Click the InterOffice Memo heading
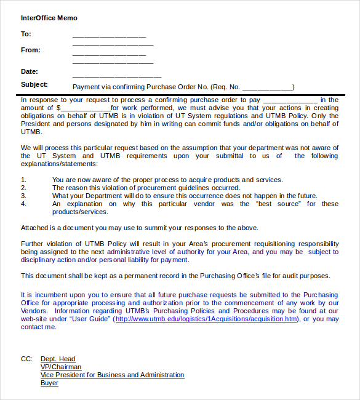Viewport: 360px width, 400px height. (x=49, y=18)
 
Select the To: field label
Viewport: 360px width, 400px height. (x=26, y=34)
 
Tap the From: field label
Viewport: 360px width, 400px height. (x=31, y=50)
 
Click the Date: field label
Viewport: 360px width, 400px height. (x=30, y=72)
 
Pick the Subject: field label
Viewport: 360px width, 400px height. (x=34, y=85)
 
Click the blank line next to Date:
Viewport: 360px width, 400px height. (x=113, y=74)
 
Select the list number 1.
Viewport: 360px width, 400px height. (x=23, y=180)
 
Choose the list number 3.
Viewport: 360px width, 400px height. (x=23, y=196)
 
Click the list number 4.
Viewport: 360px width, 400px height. (x=23, y=204)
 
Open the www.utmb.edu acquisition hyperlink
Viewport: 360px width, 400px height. (x=206, y=319)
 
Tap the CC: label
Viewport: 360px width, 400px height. (x=26, y=359)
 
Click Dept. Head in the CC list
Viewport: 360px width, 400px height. (x=58, y=359)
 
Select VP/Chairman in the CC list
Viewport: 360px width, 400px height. (x=61, y=367)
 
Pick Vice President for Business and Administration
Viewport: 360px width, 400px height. (x=112, y=375)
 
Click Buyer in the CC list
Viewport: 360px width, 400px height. (x=49, y=383)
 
